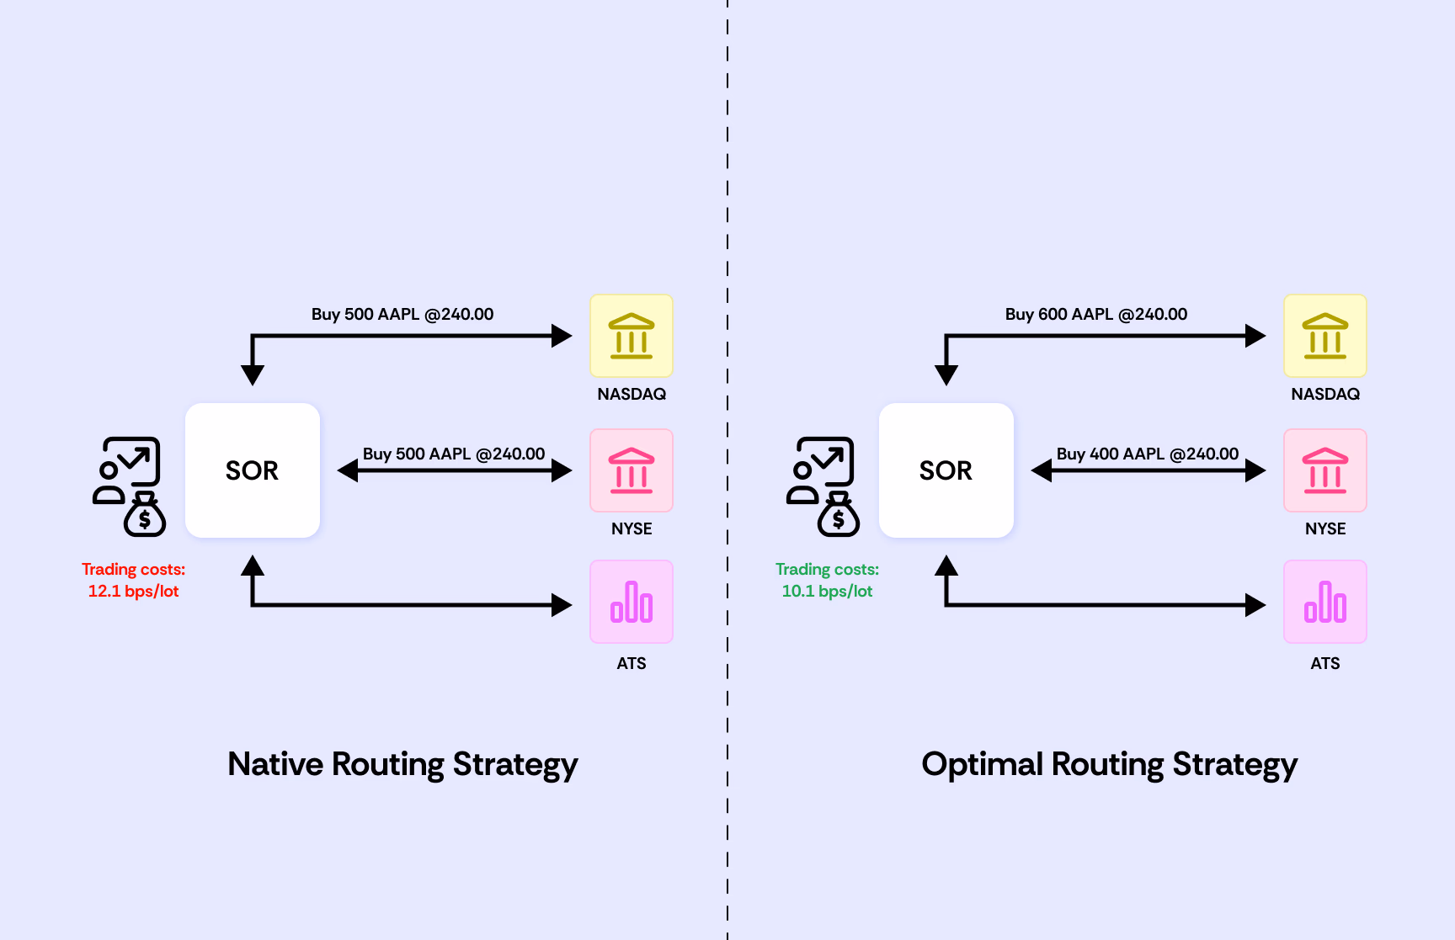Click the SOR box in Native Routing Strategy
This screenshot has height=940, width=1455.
[252, 470]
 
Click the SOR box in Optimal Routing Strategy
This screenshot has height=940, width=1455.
[946, 470]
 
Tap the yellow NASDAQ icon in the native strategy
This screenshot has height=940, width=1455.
[632, 336]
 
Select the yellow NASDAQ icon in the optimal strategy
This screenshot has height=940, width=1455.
[1324, 336]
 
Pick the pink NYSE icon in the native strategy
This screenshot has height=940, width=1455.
[632, 470]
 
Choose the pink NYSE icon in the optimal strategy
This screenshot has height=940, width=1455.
[1324, 470]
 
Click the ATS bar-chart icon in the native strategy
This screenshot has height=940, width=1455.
[632, 602]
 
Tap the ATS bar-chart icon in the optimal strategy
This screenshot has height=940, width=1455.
[1324, 602]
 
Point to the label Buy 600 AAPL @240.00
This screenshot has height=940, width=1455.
[1095, 315]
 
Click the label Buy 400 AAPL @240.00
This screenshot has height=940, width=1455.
[1147, 454]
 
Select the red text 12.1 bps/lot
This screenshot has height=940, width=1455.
[133, 592]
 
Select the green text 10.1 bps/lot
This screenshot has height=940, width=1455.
[827, 592]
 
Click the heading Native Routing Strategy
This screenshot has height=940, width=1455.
[402, 764]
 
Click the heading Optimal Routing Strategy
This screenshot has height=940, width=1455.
[1109, 764]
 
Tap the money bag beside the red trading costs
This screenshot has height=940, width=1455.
[145, 516]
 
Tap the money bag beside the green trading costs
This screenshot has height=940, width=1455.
[839, 516]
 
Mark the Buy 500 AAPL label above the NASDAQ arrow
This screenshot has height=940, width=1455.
[402, 315]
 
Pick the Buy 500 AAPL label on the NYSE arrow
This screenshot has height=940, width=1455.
[454, 454]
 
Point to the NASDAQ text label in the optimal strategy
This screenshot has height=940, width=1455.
[1324, 394]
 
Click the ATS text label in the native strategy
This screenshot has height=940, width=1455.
[632, 663]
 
